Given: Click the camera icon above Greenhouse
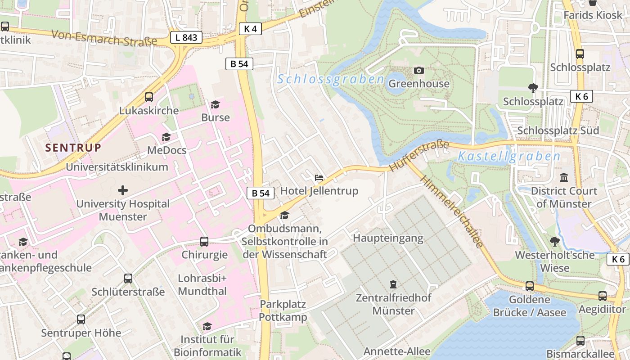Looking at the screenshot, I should [418, 71].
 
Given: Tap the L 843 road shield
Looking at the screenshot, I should [186, 38].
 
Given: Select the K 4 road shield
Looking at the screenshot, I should [250, 29].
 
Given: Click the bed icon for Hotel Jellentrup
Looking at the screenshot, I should [319, 178].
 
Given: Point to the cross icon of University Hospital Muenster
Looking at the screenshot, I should [122, 190].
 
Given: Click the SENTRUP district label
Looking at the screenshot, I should [73, 148].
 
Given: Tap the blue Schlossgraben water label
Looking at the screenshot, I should [331, 80].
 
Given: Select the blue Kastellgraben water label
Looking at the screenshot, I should [508, 157].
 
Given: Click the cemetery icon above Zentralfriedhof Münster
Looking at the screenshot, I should [393, 284].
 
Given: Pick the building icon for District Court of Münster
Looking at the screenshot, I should [563, 178].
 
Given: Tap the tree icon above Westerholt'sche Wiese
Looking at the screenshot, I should [554, 242].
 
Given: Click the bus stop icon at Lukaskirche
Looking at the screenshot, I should [148, 97].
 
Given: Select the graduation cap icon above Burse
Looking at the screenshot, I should [215, 104].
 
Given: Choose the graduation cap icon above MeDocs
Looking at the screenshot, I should [166, 137].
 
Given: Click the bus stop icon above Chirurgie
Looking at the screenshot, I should [204, 242].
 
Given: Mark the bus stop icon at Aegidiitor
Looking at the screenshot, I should [602, 296].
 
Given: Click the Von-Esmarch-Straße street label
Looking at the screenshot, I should [104, 38].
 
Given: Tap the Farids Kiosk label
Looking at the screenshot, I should [593, 15].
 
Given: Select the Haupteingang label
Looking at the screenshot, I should [388, 238].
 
